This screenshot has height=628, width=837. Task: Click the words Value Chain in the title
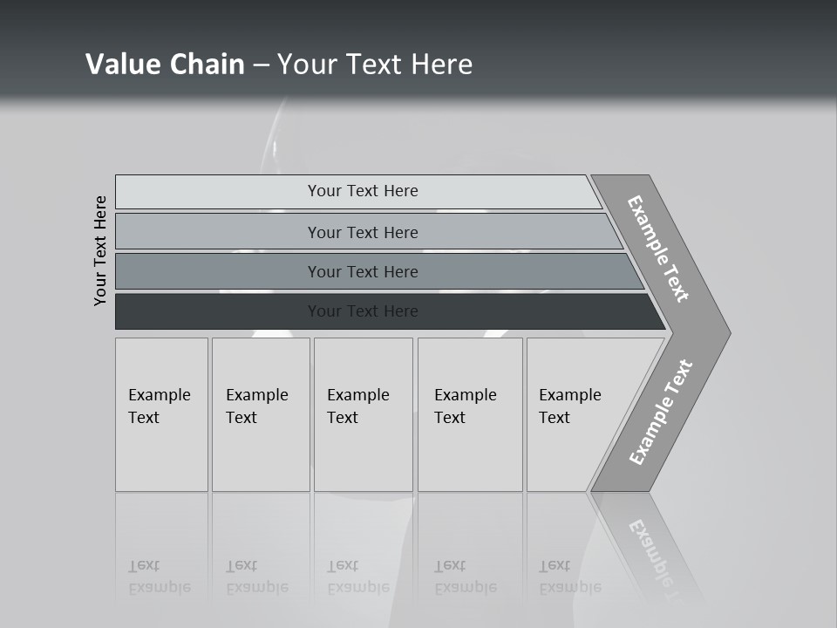(165, 65)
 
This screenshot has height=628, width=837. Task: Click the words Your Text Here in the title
(375, 65)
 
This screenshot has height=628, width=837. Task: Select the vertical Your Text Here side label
(100, 250)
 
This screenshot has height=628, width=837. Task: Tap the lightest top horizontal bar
(218, 192)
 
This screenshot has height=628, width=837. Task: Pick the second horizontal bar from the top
(218, 232)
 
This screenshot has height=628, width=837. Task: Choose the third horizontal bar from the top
(218, 271)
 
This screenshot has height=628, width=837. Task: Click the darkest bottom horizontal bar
(218, 311)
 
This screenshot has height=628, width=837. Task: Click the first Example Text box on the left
(161, 414)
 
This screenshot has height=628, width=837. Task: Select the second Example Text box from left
(260, 414)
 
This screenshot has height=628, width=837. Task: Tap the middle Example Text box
(363, 414)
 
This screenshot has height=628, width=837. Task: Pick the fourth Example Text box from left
(469, 414)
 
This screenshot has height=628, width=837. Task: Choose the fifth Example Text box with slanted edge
(571, 414)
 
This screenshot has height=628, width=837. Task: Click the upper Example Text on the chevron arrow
(658, 249)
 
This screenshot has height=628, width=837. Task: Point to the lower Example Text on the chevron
(661, 413)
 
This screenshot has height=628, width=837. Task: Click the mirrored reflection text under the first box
(159, 577)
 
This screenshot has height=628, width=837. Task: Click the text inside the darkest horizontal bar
(363, 311)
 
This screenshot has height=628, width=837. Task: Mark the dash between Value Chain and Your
(261, 65)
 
